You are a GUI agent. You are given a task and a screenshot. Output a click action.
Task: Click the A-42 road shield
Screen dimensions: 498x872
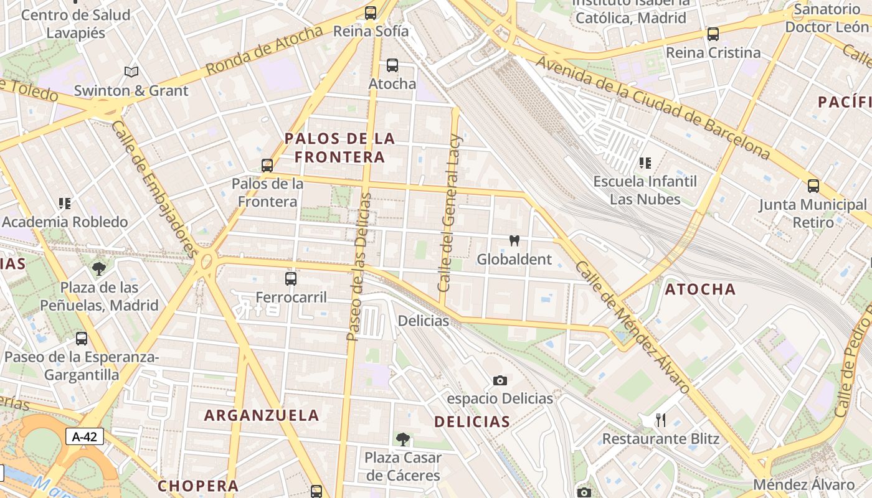point(85,436)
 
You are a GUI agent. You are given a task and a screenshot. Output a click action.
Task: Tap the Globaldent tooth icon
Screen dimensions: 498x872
point(514,240)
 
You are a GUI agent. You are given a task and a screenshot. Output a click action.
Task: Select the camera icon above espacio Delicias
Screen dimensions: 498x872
point(500,380)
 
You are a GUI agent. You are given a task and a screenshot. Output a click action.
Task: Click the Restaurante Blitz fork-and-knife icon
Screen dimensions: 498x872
point(661,420)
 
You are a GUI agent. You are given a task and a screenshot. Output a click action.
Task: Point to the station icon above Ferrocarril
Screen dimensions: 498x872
point(291,278)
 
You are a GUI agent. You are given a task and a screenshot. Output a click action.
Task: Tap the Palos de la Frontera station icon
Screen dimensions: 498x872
point(267,165)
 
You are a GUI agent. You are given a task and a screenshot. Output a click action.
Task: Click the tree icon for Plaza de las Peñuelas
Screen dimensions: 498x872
point(98,269)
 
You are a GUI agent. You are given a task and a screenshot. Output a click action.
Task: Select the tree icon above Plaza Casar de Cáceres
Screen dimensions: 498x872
point(402,439)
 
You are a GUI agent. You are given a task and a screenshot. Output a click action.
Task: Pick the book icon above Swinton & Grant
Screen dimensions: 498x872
point(131,72)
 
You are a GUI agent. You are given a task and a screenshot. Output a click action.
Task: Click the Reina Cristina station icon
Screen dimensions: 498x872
point(713,34)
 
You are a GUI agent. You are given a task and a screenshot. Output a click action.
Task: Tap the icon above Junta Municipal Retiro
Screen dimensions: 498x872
point(813,186)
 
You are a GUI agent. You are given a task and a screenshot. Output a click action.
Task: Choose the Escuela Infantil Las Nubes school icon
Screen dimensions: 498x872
point(645,163)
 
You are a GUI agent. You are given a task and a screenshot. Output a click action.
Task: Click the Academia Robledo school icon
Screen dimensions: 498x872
point(65,203)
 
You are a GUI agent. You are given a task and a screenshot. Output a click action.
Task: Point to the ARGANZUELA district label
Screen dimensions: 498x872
point(262,415)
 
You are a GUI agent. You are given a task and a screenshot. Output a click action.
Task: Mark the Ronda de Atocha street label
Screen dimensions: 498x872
point(264,52)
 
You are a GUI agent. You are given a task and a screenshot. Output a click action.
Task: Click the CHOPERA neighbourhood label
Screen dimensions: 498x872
point(198,486)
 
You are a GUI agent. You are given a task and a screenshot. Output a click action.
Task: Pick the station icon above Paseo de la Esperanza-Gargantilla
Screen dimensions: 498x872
point(82,339)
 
